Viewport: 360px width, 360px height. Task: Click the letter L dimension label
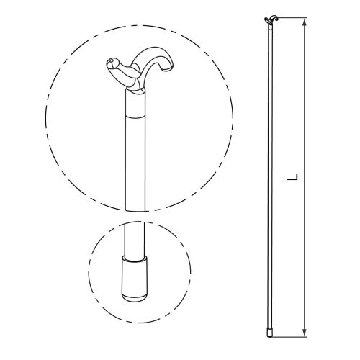[293, 176]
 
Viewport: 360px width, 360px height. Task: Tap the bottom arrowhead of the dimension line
[305, 333]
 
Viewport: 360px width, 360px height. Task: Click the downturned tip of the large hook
[167, 68]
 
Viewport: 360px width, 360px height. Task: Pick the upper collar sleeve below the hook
[135, 104]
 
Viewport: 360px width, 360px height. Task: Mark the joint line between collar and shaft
[135, 117]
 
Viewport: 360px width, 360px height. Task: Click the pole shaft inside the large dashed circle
[135, 163]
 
